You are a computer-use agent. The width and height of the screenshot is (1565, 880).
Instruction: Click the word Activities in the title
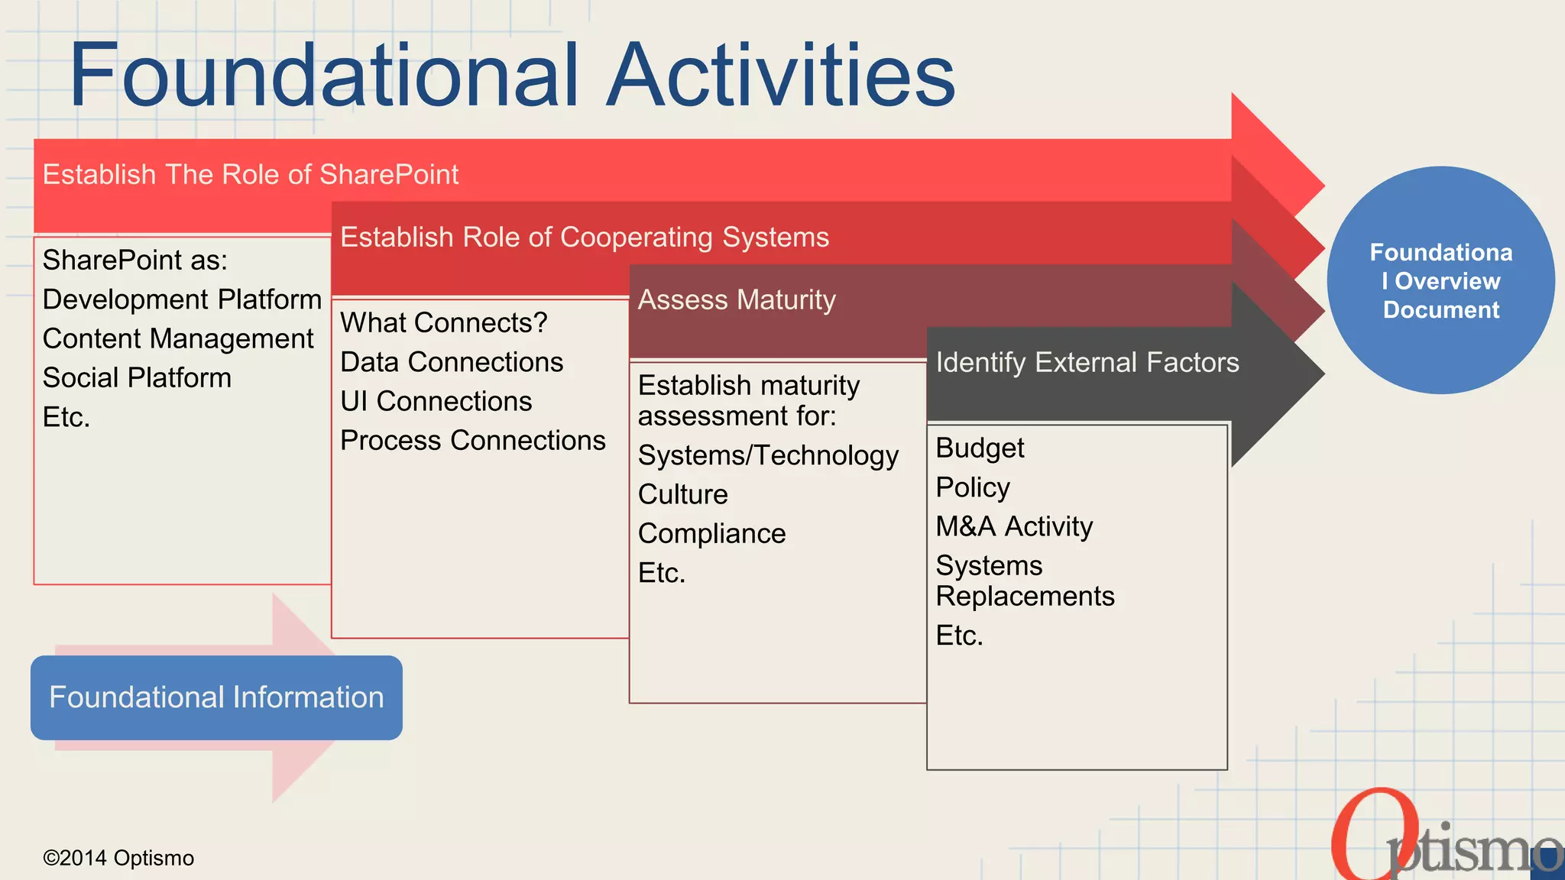click(781, 75)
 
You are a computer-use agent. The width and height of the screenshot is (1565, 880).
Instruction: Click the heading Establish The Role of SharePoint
click(250, 175)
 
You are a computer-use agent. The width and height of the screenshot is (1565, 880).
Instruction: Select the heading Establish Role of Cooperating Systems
click(584, 238)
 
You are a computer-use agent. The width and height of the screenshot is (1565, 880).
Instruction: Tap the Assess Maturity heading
click(737, 300)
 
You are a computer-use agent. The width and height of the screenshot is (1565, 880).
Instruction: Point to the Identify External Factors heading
click(1087, 363)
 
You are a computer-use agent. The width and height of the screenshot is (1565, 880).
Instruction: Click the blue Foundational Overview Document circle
click(1440, 280)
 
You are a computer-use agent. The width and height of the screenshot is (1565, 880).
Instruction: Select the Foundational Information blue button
click(216, 697)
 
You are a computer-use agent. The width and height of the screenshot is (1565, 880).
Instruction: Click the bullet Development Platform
click(182, 299)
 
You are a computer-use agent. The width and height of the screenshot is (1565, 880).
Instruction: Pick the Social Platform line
click(137, 378)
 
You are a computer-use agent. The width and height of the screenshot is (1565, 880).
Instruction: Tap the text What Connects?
click(443, 323)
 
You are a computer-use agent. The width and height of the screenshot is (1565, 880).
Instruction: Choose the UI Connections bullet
click(436, 402)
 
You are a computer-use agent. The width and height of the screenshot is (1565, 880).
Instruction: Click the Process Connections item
click(472, 441)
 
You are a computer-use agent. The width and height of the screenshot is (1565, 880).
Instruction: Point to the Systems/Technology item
click(768, 456)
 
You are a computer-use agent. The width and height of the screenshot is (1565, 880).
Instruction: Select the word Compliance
click(711, 534)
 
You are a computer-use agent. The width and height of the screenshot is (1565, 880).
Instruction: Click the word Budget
click(980, 448)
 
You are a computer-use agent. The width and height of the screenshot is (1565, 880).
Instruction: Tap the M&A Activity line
click(1014, 527)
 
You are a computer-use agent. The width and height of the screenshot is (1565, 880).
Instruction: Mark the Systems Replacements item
click(1024, 581)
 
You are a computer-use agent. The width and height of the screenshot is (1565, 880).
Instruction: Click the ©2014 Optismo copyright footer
click(118, 859)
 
